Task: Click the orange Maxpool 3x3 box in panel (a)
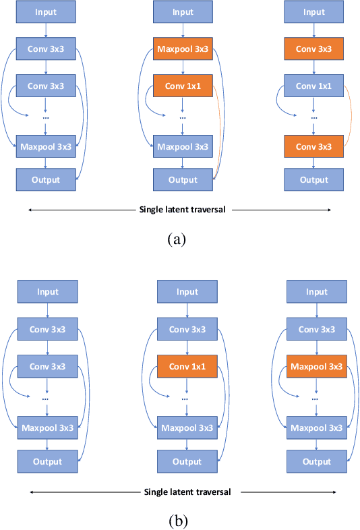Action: coord(182,49)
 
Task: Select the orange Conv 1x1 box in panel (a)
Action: coord(182,86)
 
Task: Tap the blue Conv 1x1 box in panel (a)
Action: coord(313,86)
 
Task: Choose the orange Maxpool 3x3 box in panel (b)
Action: coord(316,367)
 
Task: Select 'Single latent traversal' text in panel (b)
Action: coord(187,492)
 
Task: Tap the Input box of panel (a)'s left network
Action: coord(45,12)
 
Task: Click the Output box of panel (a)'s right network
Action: coord(313,179)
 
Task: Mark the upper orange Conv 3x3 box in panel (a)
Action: coord(313,49)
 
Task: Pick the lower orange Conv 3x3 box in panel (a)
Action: coord(313,145)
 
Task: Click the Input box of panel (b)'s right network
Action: coord(316,292)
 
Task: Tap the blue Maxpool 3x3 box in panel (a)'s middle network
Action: coord(182,145)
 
